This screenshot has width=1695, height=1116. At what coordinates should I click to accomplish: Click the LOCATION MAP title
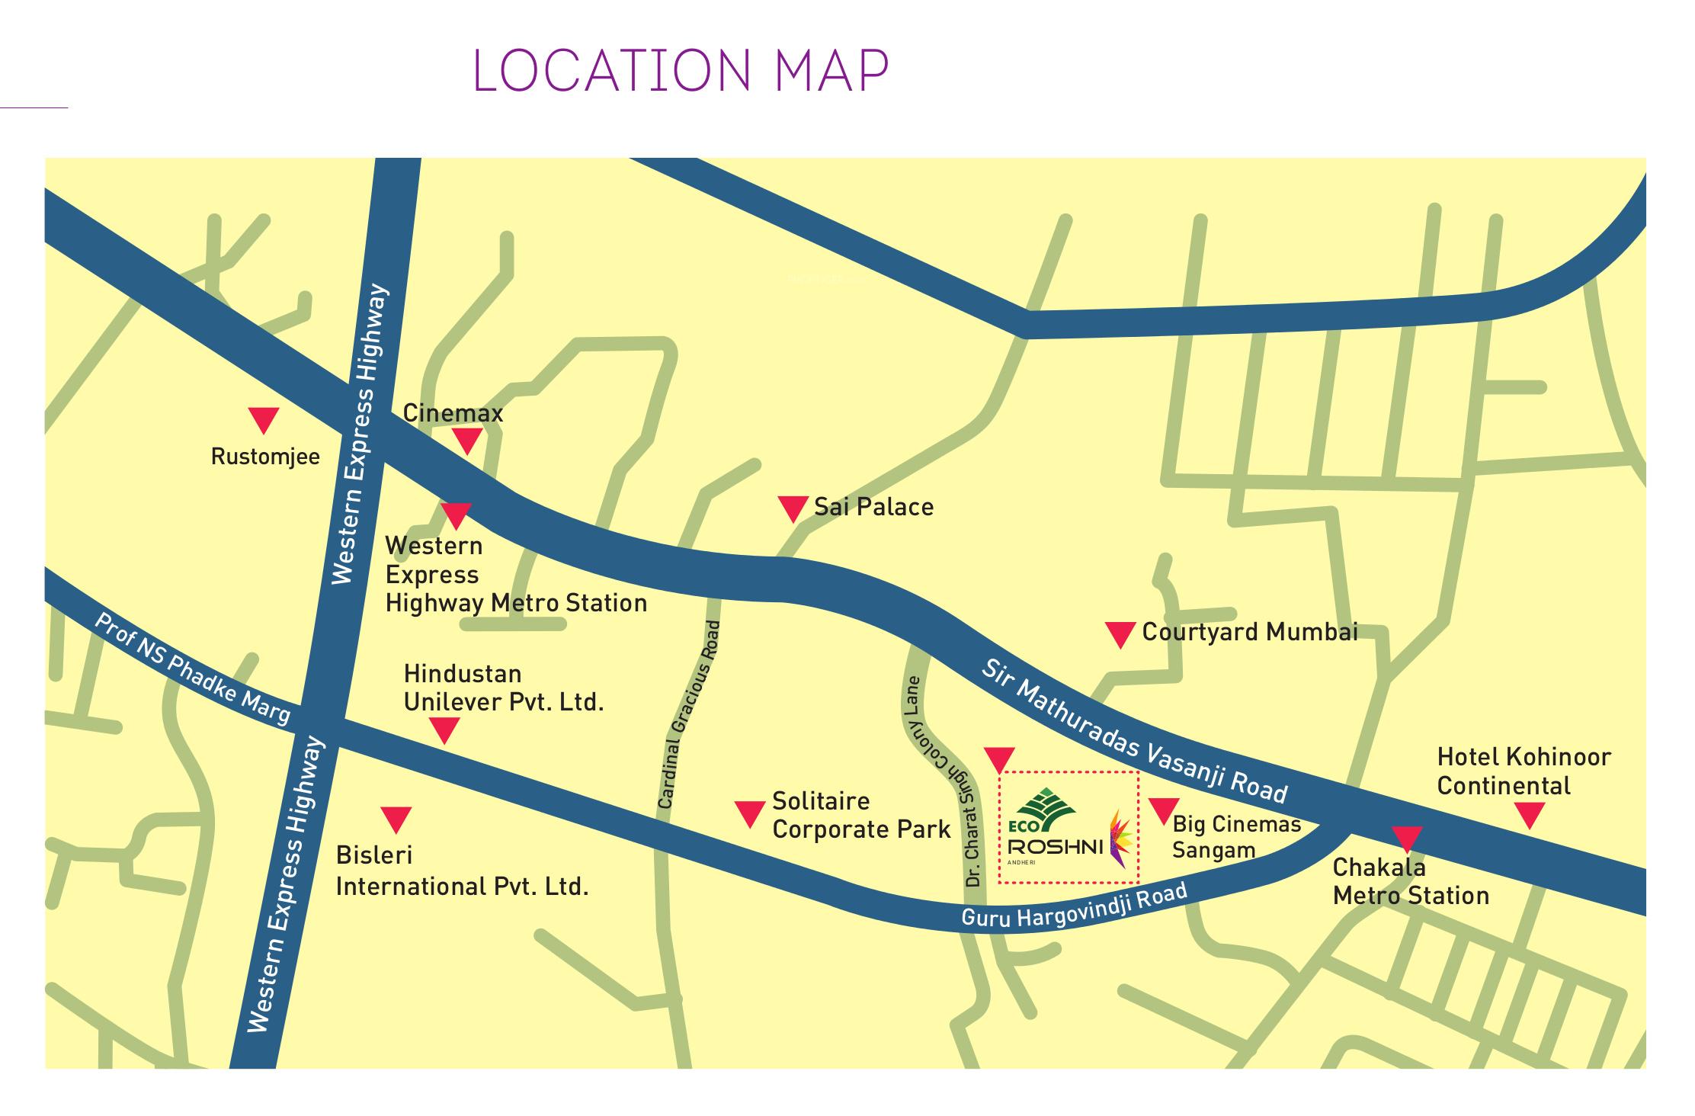pyautogui.click(x=681, y=71)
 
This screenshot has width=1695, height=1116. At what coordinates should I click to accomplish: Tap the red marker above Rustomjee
pyautogui.click(x=264, y=419)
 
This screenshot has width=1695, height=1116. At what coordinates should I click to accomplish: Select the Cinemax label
pyautogui.click(x=453, y=413)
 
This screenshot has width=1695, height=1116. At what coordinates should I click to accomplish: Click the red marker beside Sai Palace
pyautogui.click(x=793, y=508)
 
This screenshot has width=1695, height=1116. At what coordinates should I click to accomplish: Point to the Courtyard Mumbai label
pyautogui.click(x=1250, y=632)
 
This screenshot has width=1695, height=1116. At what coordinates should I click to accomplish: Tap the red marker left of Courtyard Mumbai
pyautogui.click(x=1120, y=633)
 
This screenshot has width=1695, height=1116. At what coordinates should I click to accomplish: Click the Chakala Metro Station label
pyautogui.click(x=1411, y=882)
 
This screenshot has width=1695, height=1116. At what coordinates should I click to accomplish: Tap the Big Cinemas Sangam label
pyautogui.click(x=1236, y=837)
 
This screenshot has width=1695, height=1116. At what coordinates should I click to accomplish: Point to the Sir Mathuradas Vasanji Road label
pyautogui.click(x=1133, y=733)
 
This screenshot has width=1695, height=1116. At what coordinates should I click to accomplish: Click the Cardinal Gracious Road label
pyautogui.click(x=689, y=714)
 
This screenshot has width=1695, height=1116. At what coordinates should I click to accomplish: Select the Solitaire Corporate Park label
pyautogui.click(x=861, y=815)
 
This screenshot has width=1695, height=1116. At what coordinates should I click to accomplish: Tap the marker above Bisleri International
pyautogui.click(x=396, y=819)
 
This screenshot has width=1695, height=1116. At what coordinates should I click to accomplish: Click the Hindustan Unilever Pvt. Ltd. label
pyautogui.click(x=504, y=688)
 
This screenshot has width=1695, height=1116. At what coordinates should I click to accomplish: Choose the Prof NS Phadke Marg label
pyautogui.click(x=192, y=668)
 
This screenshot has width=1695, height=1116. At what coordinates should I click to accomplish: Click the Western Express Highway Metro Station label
pyautogui.click(x=515, y=575)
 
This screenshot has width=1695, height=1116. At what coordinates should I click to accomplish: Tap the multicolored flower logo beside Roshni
pyautogui.click(x=1120, y=839)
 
